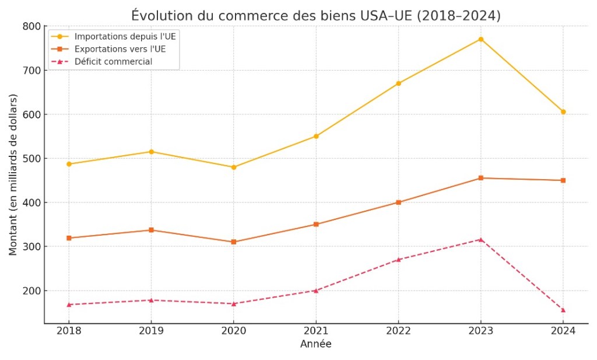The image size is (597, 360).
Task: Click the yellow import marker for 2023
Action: click(x=480, y=39)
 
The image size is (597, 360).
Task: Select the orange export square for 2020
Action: click(x=234, y=242)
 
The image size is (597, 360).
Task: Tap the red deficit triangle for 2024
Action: click(x=563, y=310)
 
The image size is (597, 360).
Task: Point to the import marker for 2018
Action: click(x=69, y=164)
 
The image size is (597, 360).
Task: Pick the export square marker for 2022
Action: click(x=398, y=202)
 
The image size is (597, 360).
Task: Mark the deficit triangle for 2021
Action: click(x=316, y=291)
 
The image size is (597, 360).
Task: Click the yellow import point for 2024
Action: click(x=563, y=112)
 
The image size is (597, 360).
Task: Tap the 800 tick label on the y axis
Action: click(x=33, y=26)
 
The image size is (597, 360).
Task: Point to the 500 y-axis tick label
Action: click(x=33, y=159)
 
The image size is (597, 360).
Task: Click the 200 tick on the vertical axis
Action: click(x=33, y=291)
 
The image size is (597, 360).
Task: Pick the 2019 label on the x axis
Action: click(x=151, y=331)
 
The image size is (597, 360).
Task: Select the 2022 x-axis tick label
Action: click(x=398, y=331)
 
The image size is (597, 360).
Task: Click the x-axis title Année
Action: click(x=315, y=344)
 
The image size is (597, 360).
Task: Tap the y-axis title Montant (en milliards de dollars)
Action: click(x=13, y=174)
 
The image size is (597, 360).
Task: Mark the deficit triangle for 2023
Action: click(x=480, y=239)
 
